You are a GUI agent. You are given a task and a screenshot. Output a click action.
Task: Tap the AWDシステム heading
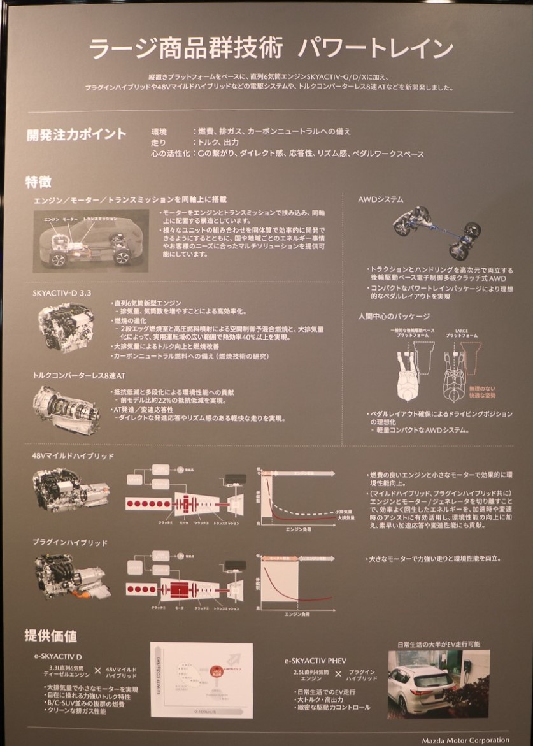pyautogui.click(x=381, y=199)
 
